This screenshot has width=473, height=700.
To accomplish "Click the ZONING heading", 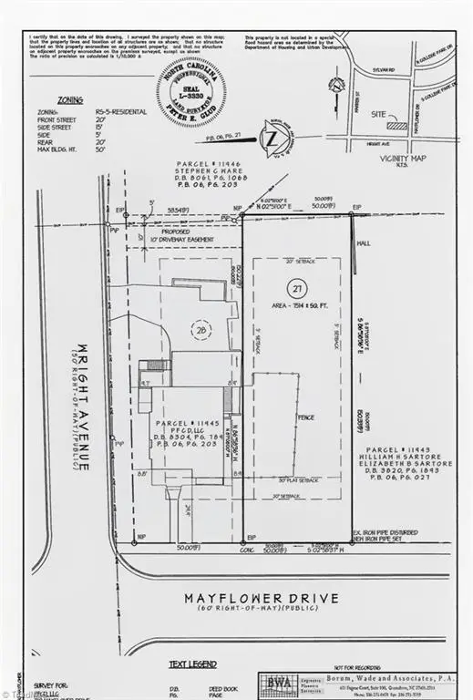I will click(69, 101).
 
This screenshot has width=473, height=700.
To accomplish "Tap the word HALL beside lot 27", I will click(365, 244).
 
